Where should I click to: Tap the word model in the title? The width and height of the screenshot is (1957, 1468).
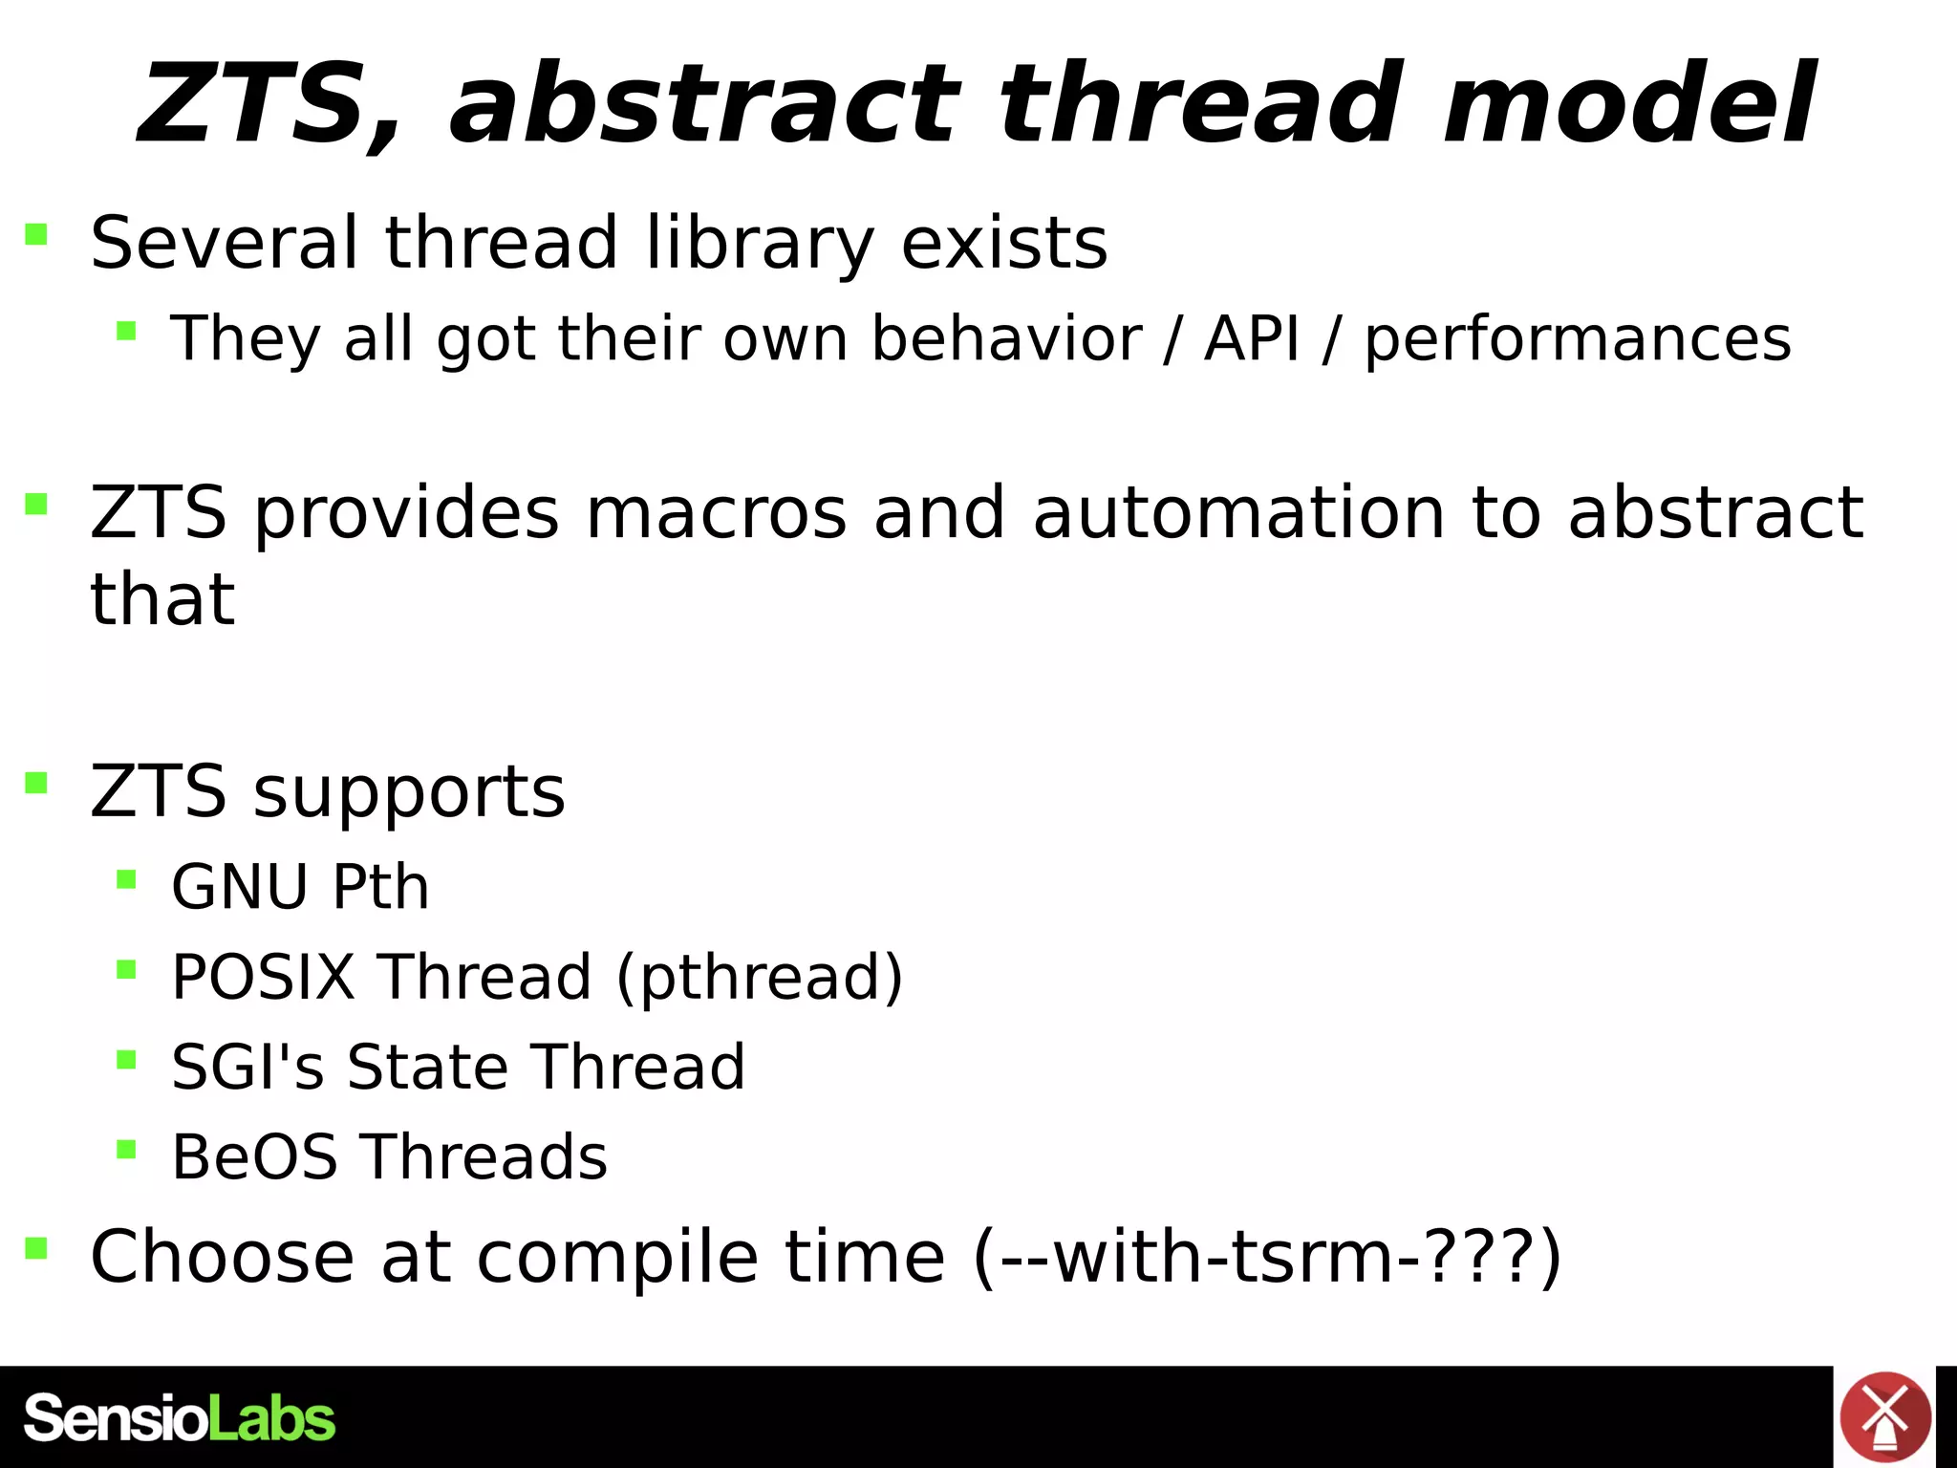pyautogui.click(x=1628, y=103)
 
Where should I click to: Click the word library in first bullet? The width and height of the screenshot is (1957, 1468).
pyautogui.click(x=760, y=244)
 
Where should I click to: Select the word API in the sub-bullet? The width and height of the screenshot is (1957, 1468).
pyautogui.click(x=1252, y=338)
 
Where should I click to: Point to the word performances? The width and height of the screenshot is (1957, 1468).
pyautogui.click(x=1577, y=340)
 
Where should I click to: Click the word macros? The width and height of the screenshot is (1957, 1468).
pyautogui.click(x=716, y=513)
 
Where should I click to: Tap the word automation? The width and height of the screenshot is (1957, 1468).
pyautogui.click(x=1238, y=513)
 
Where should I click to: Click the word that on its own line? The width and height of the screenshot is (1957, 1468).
pyautogui.click(x=162, y=599)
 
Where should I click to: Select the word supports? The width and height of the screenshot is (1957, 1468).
pyautogui.click(x=409, y=793)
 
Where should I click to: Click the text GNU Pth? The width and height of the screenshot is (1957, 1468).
pyautogui.click(x=300, y=887)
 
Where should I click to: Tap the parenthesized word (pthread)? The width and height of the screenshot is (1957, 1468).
pyautogui.click(x=760, y=978)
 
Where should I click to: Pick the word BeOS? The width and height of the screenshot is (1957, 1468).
pyautogui.click(x=254, y=1157)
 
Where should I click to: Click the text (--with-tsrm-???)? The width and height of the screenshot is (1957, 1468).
pyautogui.click(x=1267, y=1257)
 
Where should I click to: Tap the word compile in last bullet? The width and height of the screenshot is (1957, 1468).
pyautogui.click(x=615, y=1258)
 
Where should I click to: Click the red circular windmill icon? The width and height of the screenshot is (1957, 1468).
pyautogui.click(x=1884, y=1417)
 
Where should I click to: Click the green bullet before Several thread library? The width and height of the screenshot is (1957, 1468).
pyautogui.click(x=36, y=234)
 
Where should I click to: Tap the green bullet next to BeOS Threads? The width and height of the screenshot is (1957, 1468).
pyautogui.click(x=126, y=1148)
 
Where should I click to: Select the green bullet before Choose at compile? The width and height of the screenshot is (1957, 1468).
pyautogui.click(x=36, y=1248)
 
